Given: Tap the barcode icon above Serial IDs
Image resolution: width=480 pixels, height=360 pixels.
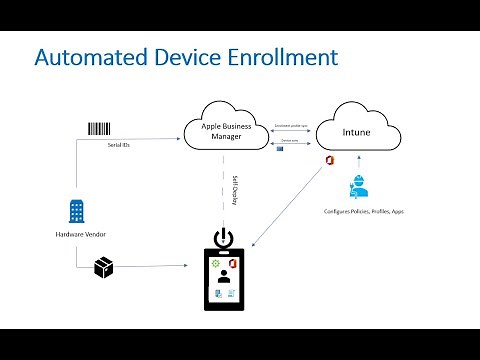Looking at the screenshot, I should click(99, 128).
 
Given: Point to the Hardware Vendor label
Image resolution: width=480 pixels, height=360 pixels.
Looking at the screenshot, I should click(77, 236).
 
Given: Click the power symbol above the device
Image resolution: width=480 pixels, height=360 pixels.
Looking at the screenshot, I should click(224, 240).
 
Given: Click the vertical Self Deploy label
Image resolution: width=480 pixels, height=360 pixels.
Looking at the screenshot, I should click(234, 190).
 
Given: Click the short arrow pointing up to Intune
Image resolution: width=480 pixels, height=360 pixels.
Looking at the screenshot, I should click(357, 163).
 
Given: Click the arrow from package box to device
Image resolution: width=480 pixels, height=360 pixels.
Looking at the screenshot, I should click(150, 267).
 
